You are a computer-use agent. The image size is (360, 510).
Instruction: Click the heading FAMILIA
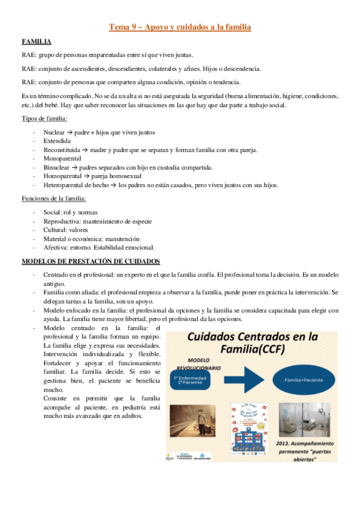(x=36, y=42)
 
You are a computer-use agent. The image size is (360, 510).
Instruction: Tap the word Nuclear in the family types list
(x=54, y=131)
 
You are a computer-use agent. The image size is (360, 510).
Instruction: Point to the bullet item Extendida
(x=56, y=140)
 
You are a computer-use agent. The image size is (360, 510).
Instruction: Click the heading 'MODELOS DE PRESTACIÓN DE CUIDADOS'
(x=91, y=261)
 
